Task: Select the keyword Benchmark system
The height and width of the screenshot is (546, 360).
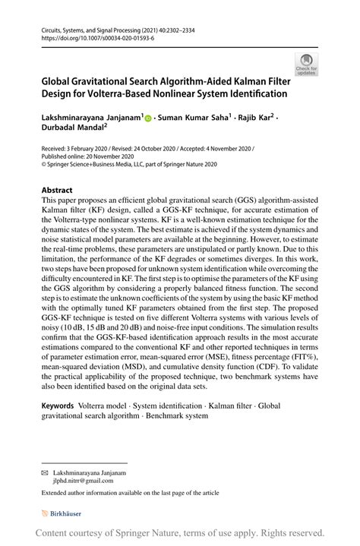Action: click(175, 417)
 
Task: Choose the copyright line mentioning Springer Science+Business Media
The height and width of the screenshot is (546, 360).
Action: click(129, 163)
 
